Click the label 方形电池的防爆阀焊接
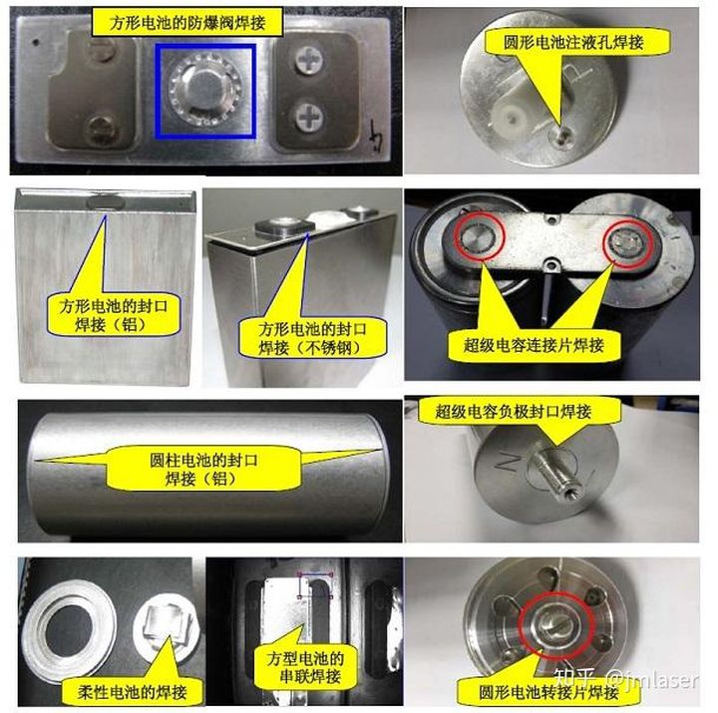pyautogui.click(x=187, y=23)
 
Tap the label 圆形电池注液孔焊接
pyautogui.click(x=573, y=43)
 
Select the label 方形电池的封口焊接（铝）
pyautogui.click(x=113, y=315)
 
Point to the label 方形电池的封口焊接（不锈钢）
pyautogui.click(x=312, y=338)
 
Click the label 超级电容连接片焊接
pyautogui.click(x=534, y=345)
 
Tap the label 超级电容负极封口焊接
pyautogui.click(x=514, y=412)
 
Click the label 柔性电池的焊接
pyautogui.click(x=133, y=692)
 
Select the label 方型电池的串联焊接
pyautogui.click(x=306, y=668)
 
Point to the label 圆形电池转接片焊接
pyautogui.click(x=548, y=692)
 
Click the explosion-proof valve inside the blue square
pyautogui.click(x=204, y=91)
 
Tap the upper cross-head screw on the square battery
pyautogui.click(x=310, y=62)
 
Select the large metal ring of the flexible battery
pyautogui.click(x=68, y=624)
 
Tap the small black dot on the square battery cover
pyautogui.click(x=36, y=42)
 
